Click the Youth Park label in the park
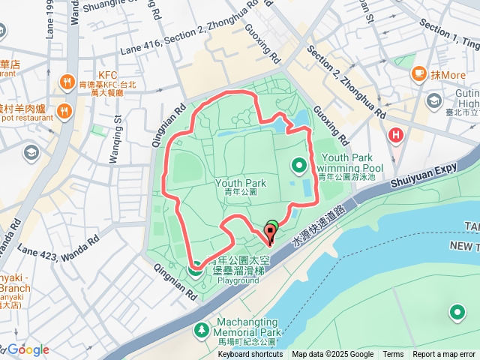click(x=241, y=182)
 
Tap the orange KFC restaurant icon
click(x=66, y=80)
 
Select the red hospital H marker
click(x=395, y=136)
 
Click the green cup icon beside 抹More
click(x=419, y=74)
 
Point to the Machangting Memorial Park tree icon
click(x=202, y=329)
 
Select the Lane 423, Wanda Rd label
click(x=58, y=239)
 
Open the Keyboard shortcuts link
click(x=250, y=355)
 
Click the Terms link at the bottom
click(x=393, y=355)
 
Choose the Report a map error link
click(x=445, y=355)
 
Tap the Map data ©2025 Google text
click(x=332, y=355)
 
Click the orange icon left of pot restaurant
click(x=64, y=112)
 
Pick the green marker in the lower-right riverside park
click(x=457, y=312)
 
